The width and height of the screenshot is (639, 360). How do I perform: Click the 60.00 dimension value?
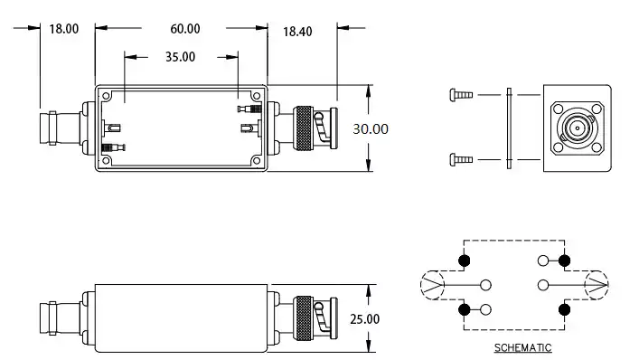tap(184, 28)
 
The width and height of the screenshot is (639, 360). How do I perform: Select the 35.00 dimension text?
tap(181, 57)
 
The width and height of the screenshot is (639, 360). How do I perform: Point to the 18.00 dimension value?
tap(63, 28)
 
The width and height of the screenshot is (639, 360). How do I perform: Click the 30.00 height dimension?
tap(370, 128)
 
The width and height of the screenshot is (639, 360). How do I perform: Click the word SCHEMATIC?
tap(522, 347)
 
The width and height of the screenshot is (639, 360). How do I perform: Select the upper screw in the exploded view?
tap(459, 93)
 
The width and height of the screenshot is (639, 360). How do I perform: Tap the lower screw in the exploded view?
tap(459, 160)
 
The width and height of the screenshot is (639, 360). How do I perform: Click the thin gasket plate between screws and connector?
tap(509, 128)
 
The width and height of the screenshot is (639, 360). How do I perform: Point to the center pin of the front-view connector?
tap(576, 128)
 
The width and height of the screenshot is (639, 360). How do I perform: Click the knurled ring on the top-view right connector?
tap(303, 128)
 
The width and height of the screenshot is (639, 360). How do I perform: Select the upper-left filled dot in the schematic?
tap(465, 261)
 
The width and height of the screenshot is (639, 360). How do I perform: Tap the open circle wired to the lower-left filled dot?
tap(486, 310)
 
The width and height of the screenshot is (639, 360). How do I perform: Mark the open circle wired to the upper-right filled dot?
tap(542, 261)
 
